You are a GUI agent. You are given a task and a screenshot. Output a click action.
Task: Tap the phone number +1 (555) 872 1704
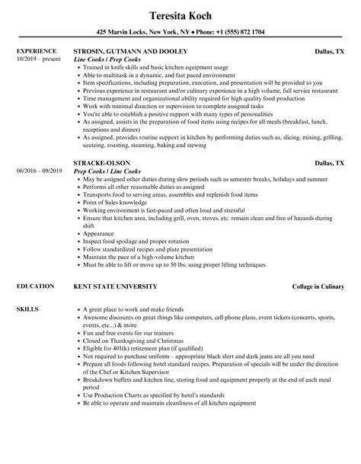pyautogui.click(x=238, y=32)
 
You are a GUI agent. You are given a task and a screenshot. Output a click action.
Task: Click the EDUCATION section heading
pyautogui.click(x=34, y=286)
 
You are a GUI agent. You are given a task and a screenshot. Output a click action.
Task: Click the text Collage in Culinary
pyautogui.click(x=318, y=286)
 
